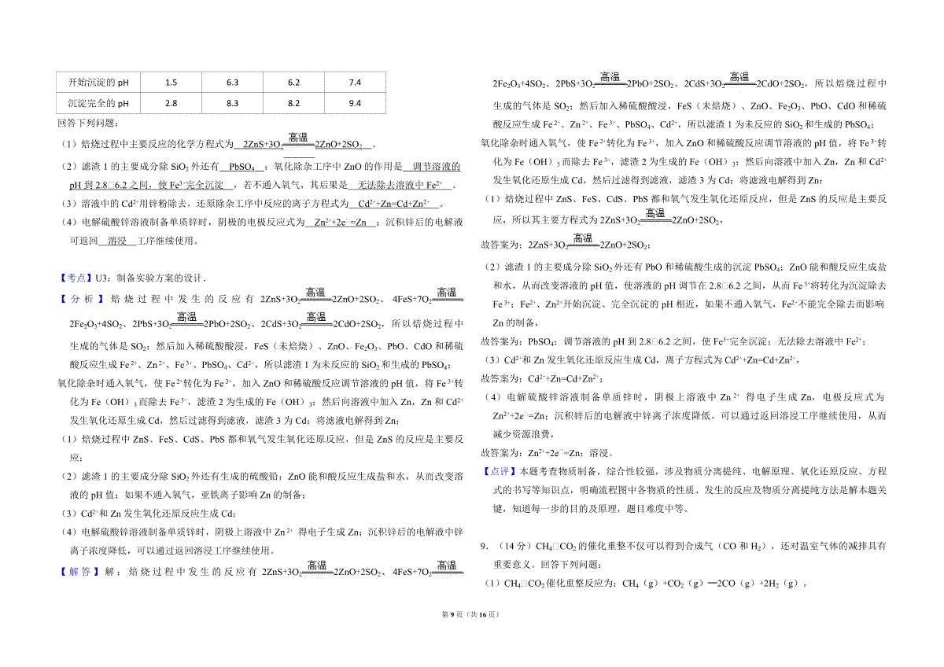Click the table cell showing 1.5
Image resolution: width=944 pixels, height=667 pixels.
tap(171, 82)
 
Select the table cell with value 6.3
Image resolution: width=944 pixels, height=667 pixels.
tap(232, 82)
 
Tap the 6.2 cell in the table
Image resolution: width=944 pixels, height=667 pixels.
tap(293, 82)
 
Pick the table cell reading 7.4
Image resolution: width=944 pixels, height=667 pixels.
tap(354, 82)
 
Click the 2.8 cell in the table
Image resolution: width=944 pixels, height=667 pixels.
tap(171, 103)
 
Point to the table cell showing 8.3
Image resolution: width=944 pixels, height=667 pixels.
tap(232, 103)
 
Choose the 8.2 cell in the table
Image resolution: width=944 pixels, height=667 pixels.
tap(293, 103)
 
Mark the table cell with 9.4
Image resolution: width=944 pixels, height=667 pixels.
tap(354, 103)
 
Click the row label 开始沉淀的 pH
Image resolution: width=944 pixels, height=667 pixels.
tap(98, 82)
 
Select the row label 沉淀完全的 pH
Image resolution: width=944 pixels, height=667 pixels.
tap(98, 103)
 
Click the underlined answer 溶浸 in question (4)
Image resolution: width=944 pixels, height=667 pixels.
tap(116, 241)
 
